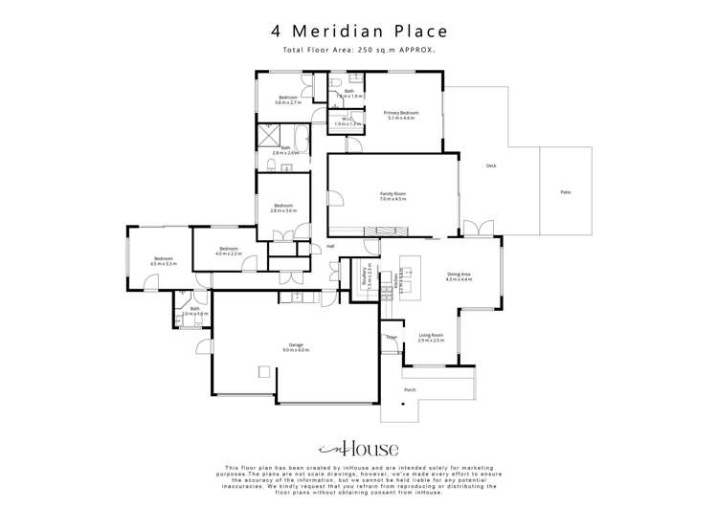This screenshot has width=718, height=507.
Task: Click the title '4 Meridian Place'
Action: click(358, 31)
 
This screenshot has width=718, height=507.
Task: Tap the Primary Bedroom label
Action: click(401, 115)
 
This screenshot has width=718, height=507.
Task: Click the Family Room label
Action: click(393, 196)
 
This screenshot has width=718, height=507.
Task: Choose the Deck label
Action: click(491, 165)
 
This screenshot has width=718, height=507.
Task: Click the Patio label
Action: click(566, 192)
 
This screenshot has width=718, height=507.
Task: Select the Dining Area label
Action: click(459, 276)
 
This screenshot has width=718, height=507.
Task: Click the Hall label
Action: click(330, 246)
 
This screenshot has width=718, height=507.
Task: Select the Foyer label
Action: click(391, 337)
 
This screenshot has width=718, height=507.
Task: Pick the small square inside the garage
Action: click(262, 373)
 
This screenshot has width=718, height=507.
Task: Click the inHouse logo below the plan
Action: click(358, 449)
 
